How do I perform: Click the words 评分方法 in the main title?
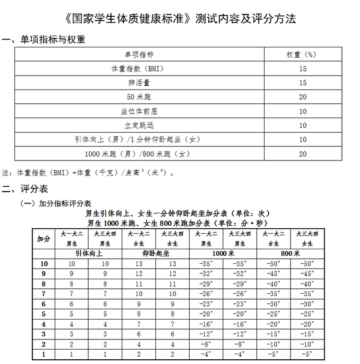point(274,19)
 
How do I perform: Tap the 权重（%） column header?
point(302,54)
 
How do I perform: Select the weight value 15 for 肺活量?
point(302,82)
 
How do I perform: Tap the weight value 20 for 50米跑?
point(302,97)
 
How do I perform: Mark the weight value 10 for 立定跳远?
point(302,126)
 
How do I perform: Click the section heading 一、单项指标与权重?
point(43,40)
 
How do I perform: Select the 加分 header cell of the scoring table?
point(44,238)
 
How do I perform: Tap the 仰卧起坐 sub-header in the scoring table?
point(155,254)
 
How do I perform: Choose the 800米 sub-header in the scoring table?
point(290,254)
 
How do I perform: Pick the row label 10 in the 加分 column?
point(44,264)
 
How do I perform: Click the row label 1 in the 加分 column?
point(44,354)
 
